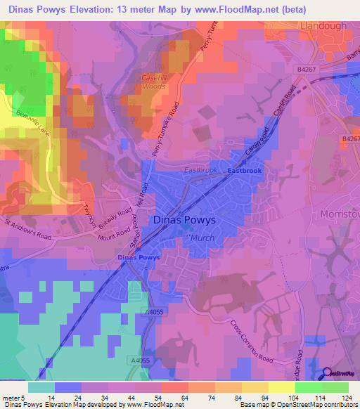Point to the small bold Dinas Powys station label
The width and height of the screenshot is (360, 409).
click(x=139, y=257)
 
